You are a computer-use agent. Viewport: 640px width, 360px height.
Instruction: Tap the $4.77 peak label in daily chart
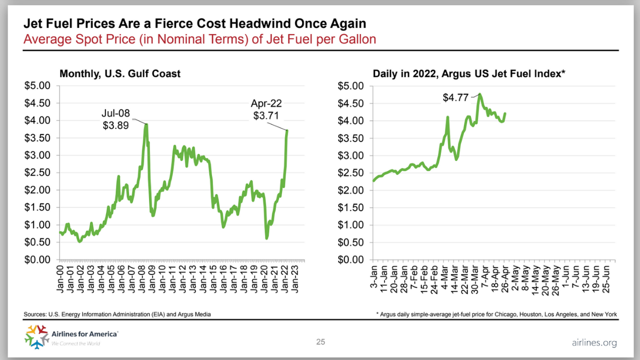tap(456, 98)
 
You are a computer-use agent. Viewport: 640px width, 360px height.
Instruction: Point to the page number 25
tap(320, 342)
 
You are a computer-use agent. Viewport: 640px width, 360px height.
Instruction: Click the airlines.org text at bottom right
tap(594, 342)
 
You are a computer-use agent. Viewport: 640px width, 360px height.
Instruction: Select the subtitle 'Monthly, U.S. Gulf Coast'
tap(120, 74)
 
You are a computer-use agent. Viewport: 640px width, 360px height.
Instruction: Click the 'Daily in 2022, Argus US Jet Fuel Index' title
tap(469, 74)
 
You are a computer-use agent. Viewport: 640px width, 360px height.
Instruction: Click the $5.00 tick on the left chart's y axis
tap(38, 85)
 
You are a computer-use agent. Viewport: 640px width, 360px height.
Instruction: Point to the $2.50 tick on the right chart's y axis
tap(351, 172)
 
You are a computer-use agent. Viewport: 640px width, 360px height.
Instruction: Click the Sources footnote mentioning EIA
tap(117, 314)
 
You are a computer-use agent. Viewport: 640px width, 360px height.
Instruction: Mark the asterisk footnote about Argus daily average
tap(496, 314)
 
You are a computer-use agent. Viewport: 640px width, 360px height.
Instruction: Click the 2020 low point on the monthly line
tap(266, 238)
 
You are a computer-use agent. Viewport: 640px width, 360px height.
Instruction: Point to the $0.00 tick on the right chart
tap(351, 260)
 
